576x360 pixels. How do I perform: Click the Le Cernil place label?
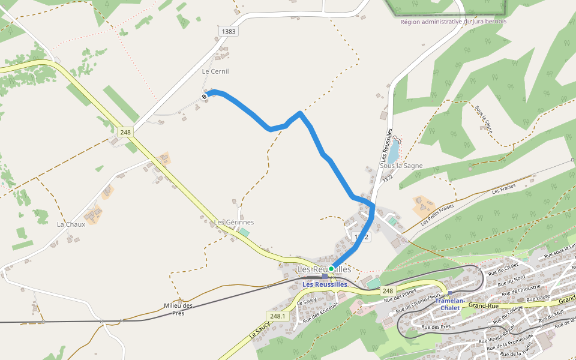(215, 71)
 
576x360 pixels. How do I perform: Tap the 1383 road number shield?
(229, 31)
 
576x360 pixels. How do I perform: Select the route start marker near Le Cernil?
(205, 96)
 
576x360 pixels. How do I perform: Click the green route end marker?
(331, 269)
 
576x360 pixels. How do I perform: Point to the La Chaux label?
(71, 224)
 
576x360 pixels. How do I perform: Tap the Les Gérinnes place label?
(234, 222)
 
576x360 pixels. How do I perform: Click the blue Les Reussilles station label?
(325, 284)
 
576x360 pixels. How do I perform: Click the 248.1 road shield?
(277, 316)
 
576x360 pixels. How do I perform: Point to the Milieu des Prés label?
(178, 309)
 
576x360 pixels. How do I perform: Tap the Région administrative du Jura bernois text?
(454, 22)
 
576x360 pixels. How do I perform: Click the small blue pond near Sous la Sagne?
(393, 151)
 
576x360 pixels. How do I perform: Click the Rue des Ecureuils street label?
(321, 311)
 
